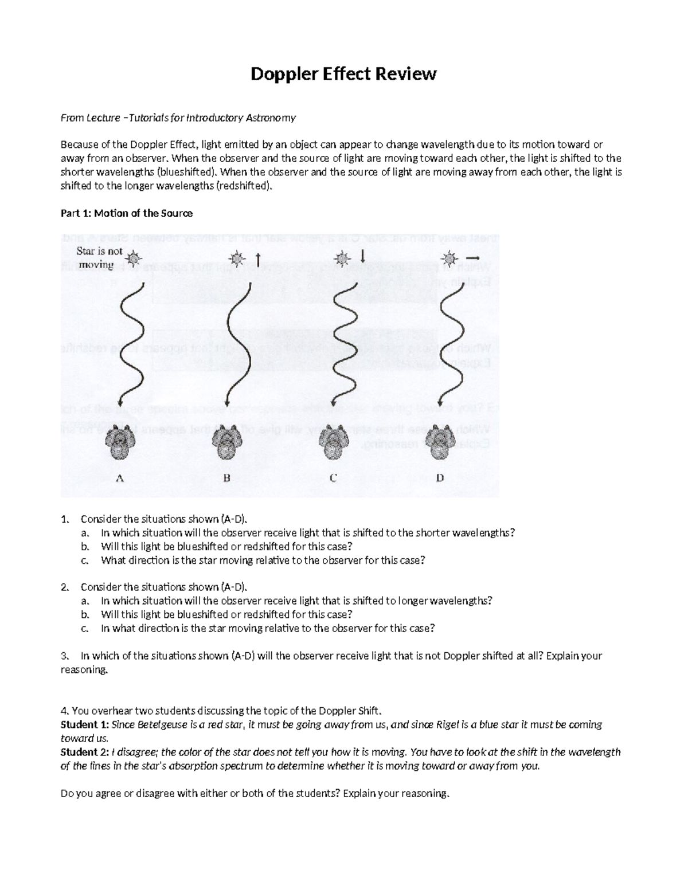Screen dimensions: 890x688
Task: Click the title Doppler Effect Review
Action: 343,74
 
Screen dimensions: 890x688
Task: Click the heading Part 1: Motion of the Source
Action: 126,213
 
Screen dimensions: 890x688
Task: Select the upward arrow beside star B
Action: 258,260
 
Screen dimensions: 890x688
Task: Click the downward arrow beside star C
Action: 362,255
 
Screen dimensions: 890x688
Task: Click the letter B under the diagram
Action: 226,478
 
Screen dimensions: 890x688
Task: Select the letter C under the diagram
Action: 333,478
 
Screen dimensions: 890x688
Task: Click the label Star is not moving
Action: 99,258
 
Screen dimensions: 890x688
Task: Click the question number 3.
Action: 64,656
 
